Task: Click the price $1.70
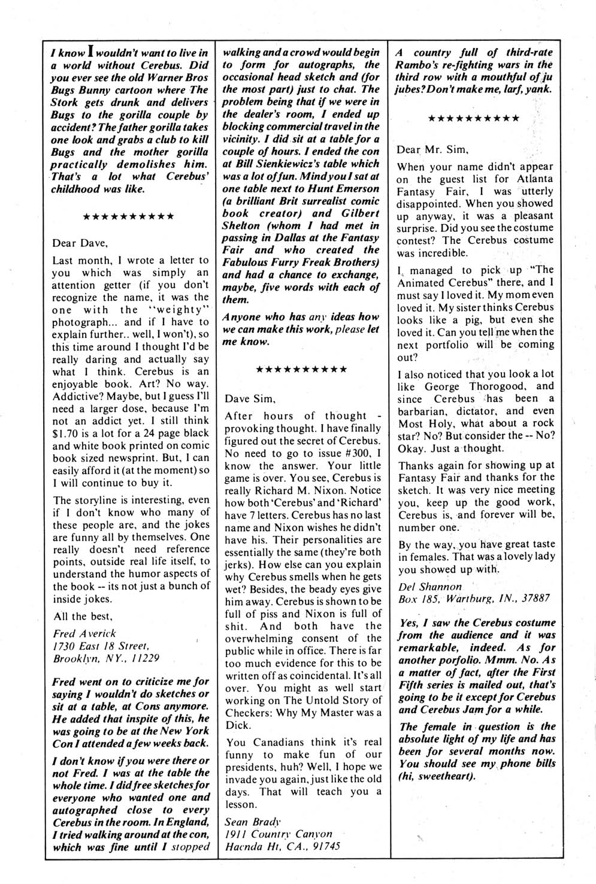pyautogui.click(x=68, y=433)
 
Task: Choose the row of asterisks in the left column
pyautogui.click(x=128, y=216)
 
